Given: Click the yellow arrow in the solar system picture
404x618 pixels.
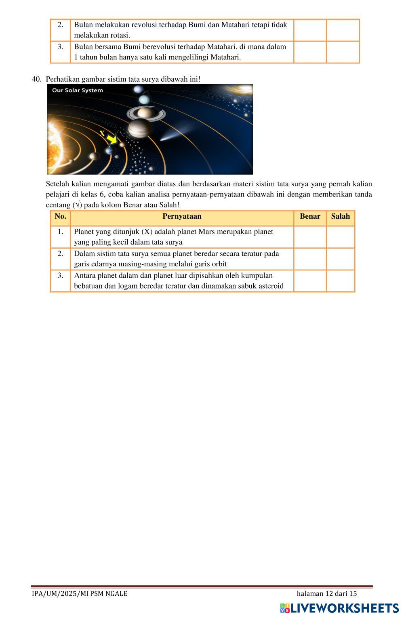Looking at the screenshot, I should [112, 140].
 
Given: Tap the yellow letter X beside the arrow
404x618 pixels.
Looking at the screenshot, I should [102, 133].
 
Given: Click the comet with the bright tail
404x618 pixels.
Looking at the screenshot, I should [170, 136].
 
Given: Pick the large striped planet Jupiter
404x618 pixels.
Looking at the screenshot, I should [140, 129].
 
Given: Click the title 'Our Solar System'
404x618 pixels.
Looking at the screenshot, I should [78, 90].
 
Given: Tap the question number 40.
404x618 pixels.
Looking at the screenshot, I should [36, 79].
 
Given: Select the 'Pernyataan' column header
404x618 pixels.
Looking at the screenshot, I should [182, 216].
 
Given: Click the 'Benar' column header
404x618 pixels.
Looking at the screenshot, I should [310, 216].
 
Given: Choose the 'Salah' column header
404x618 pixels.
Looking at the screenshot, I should [340, 216].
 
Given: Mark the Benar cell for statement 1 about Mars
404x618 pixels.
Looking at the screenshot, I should [310, 237].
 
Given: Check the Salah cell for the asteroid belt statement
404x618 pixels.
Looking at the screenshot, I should [340, 281].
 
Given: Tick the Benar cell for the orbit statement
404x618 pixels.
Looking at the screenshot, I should [310, 259].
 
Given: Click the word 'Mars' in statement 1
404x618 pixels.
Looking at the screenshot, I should [206, 232].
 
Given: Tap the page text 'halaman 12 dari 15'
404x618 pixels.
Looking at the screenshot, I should [326, 594].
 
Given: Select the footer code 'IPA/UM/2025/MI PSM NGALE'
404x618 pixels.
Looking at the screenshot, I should [80, 594].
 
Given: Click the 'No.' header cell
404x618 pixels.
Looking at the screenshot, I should [60, 216].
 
